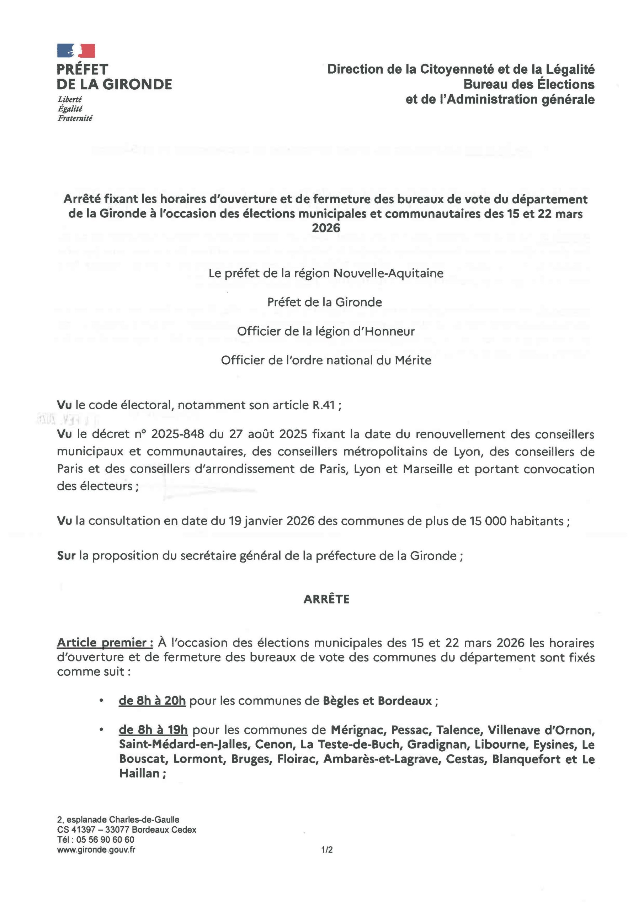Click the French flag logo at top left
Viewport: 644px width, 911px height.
coord(76,51)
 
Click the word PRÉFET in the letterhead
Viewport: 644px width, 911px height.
coord(83,69)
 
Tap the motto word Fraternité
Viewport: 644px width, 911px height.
coord(75,118)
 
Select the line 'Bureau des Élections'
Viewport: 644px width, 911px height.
coord(529,84)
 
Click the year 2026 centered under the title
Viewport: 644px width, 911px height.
coord(326,228)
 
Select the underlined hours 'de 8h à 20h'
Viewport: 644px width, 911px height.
coord(152,701)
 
